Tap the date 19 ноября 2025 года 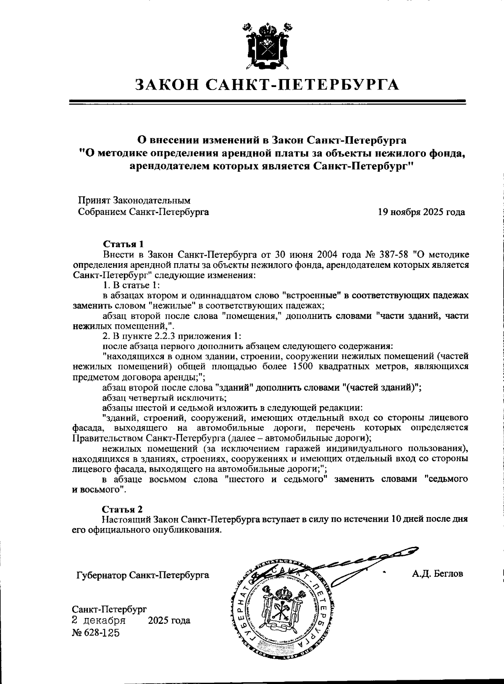pos(421,212)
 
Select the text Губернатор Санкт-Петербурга pos(142,575)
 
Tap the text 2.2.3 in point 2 pos(156,336)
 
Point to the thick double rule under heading pos(267,102)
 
